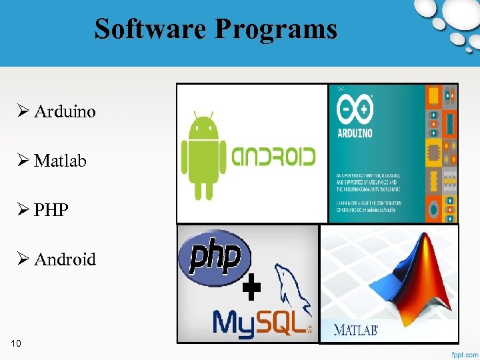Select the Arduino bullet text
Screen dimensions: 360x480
point(65,111)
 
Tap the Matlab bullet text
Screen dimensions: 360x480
point(60,161)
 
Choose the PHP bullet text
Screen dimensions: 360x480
point(51,210)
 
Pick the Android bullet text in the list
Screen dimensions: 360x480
point(65,259)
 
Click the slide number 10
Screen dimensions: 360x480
point(16,343)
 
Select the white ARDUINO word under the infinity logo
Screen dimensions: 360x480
point(355,133)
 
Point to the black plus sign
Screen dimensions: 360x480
point(251,288)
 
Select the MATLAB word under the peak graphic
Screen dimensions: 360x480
point(355,330)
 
